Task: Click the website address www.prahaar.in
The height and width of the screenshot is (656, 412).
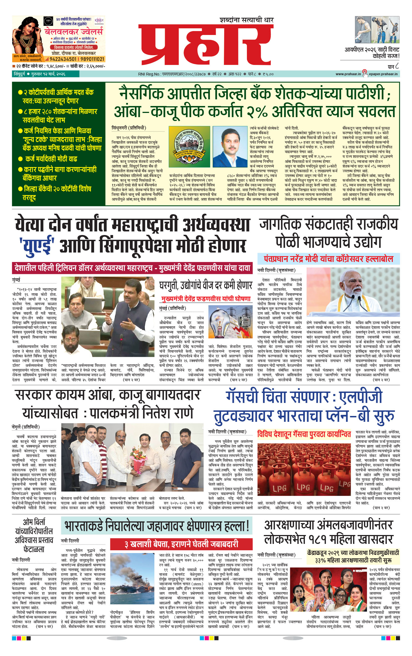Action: pos(348,74)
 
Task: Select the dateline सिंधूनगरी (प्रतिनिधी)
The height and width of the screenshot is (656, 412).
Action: pos(129,128)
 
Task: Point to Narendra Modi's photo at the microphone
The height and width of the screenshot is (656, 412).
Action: pos(353,294)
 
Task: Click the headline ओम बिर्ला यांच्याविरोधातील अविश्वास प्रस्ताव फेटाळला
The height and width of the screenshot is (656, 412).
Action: pos(34,535)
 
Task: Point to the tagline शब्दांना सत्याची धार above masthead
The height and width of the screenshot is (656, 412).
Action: pos(246,20)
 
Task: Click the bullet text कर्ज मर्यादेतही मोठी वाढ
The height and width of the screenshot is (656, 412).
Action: pos(51,159)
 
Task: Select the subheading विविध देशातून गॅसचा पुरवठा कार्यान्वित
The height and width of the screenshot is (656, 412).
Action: pos(304,434)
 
